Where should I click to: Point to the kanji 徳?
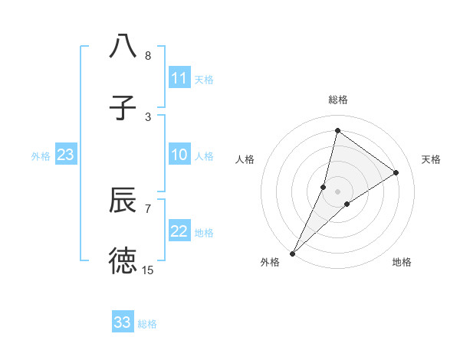123,260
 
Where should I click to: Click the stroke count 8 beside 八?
148,56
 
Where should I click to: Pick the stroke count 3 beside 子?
148,116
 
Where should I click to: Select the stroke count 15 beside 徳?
148,270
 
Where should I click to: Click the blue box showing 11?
179,78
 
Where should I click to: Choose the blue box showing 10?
179,155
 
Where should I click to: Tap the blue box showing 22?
179,232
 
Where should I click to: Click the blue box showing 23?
66,155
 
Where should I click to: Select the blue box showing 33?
123,323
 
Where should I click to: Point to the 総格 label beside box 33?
147,324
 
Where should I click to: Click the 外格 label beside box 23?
41,156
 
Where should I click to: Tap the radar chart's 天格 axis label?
431,159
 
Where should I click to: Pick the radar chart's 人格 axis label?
245,159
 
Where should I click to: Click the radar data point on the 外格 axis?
292,253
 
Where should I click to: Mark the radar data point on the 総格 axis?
337,130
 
